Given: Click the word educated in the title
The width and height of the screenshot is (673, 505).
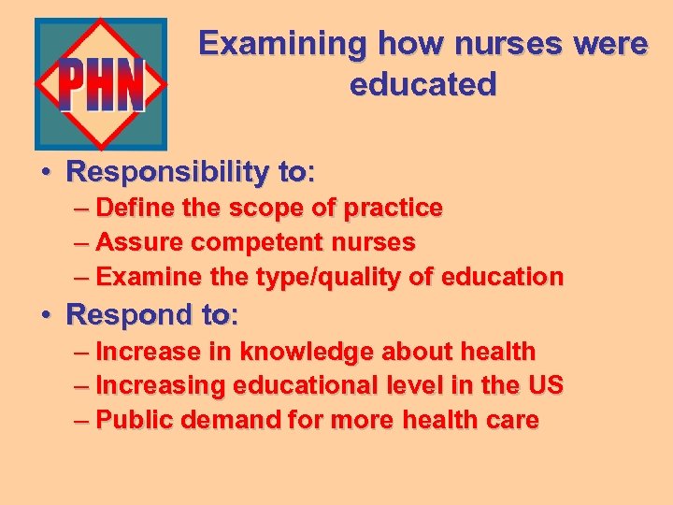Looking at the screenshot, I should [x=422, y=85].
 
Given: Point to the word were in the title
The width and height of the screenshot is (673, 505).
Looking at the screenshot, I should [x=608, y=44].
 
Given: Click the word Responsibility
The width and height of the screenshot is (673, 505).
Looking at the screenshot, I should [x=167, y=172].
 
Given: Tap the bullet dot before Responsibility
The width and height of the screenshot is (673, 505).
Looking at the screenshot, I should [x=45, y=173].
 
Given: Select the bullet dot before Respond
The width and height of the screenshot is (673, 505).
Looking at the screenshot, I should [x=45, y=315].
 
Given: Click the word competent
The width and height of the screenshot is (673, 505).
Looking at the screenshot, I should [x=246, y=242].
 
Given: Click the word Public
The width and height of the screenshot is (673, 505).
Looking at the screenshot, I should [x=135, y=421].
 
